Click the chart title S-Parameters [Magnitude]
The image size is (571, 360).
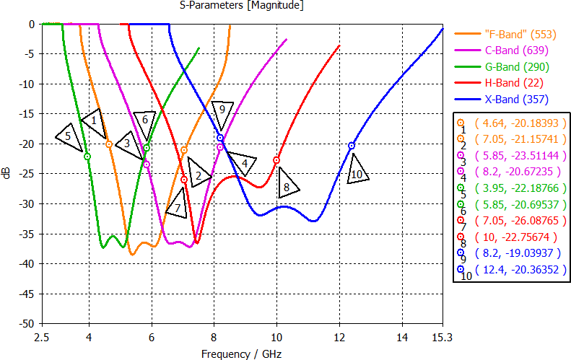tap(241, 6)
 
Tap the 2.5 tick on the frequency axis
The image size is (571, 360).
tap(43, 336)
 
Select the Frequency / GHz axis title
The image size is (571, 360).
tap(241, 354)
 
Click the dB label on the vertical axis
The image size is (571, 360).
tap(7, 174)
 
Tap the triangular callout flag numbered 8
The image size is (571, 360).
tap(287, 184)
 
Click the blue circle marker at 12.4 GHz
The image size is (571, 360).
tap(352, 146)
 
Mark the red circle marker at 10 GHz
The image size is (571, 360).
tap(276, 160)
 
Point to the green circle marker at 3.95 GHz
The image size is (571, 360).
tap(87, 157)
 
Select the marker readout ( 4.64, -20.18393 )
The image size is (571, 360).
tap(513, 123)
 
